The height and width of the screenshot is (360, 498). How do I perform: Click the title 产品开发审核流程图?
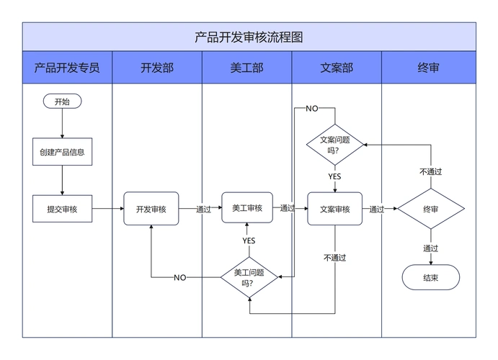click(x=249, y=37)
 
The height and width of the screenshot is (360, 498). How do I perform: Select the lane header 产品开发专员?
click(x=67, y=68)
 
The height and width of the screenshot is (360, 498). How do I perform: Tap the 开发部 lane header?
click(x=157, y=68)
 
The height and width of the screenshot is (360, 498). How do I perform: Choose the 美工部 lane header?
click(x=247, y=68)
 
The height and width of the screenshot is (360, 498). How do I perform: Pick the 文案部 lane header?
click(x=337, y=68)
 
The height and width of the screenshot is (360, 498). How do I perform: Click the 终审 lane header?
click(x=429, y=68)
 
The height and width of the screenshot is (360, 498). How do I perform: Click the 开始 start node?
click(x=63, y=102)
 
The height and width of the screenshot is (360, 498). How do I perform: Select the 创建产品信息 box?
click(x=63, y=152)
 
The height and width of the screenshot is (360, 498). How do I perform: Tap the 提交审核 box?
click(x=63, y=209)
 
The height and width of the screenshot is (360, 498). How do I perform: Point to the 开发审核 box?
click(x=151, y=209)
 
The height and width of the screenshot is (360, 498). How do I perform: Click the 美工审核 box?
click(x=247, y=208)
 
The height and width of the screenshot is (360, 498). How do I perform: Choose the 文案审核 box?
click(x=335, y=209)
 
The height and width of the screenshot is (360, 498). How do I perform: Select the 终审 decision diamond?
click(x=432, y=210)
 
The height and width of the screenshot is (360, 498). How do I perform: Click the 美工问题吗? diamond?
click(x=249, y=277)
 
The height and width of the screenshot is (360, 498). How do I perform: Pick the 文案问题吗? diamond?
click(x=335, y=145)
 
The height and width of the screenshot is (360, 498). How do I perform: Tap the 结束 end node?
click(x=431, y=277)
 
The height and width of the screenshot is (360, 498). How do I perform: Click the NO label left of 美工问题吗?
click(x=180, y=277)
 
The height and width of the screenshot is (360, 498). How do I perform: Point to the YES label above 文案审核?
click(x=335, y=176)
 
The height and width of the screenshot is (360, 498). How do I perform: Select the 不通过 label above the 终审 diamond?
click(x=431, y=172)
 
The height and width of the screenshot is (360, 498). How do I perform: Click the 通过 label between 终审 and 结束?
click(x=431, y=248)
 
